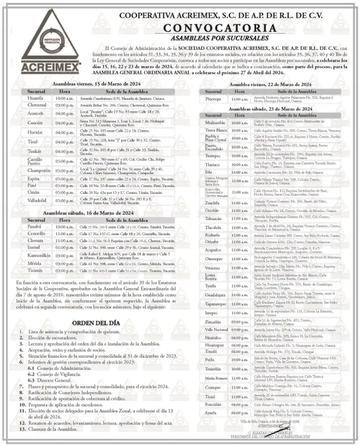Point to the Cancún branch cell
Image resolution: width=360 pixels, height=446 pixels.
click(35, 123)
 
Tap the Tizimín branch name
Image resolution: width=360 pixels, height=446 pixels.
click(35, 270)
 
